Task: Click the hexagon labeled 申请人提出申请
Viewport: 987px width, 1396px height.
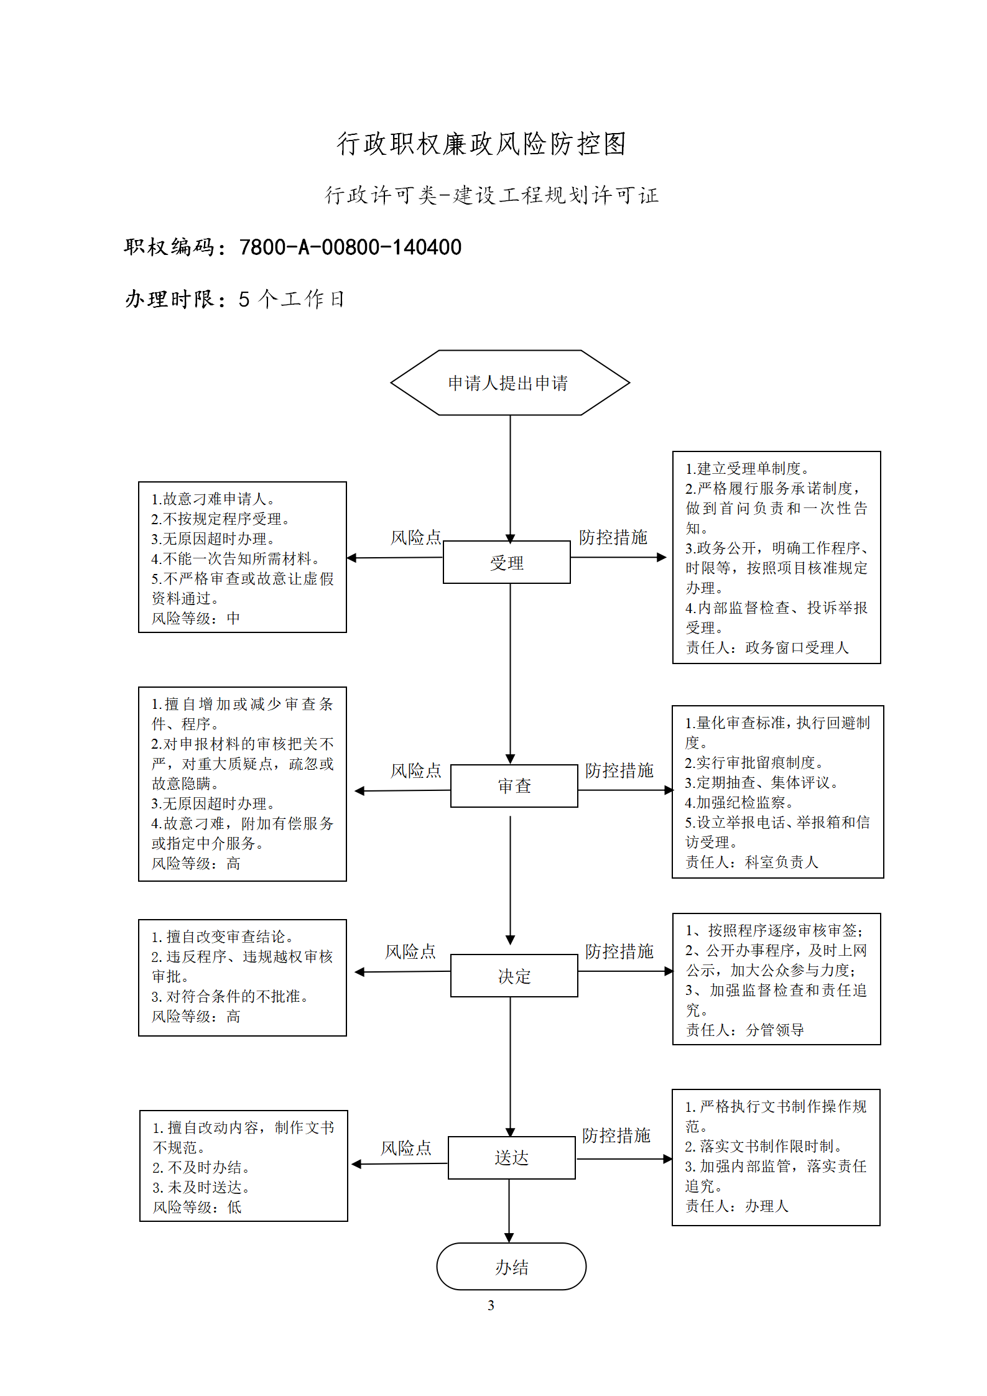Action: coord(510,382)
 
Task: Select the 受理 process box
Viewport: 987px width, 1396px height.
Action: coord(507,562)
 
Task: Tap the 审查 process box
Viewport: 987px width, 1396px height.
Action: coord(514,786)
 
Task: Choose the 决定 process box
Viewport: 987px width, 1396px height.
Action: coord(514,976)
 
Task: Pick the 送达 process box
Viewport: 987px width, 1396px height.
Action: coord(512,1157)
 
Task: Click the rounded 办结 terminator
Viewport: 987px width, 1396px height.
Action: coord(511,1266)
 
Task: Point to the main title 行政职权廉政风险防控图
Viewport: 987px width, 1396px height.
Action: coord(481,144)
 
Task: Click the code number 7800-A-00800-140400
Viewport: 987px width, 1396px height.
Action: coord(350,247)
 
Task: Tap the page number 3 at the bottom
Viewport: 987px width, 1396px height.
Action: coord(491,1305)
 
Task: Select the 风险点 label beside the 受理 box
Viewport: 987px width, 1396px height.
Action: coord(415,537)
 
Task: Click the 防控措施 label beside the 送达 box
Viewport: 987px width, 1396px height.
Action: coord(616,1135)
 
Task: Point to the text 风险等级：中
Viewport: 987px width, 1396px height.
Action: coord(196,618)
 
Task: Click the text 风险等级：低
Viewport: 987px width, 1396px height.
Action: coord(197,1207)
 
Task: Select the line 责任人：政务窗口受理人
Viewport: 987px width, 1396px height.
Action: coord(767,647)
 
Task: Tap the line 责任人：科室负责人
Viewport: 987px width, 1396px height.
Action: coord(752,862)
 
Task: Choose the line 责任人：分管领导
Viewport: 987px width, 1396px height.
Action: coord(745,1030)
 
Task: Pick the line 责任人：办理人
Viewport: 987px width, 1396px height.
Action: coord(737,1206)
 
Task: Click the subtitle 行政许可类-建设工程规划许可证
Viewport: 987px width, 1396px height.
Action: coord(492,195)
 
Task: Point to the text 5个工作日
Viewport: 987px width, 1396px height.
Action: coord(291,299)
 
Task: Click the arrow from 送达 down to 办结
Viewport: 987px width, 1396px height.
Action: coord(509,1211)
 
